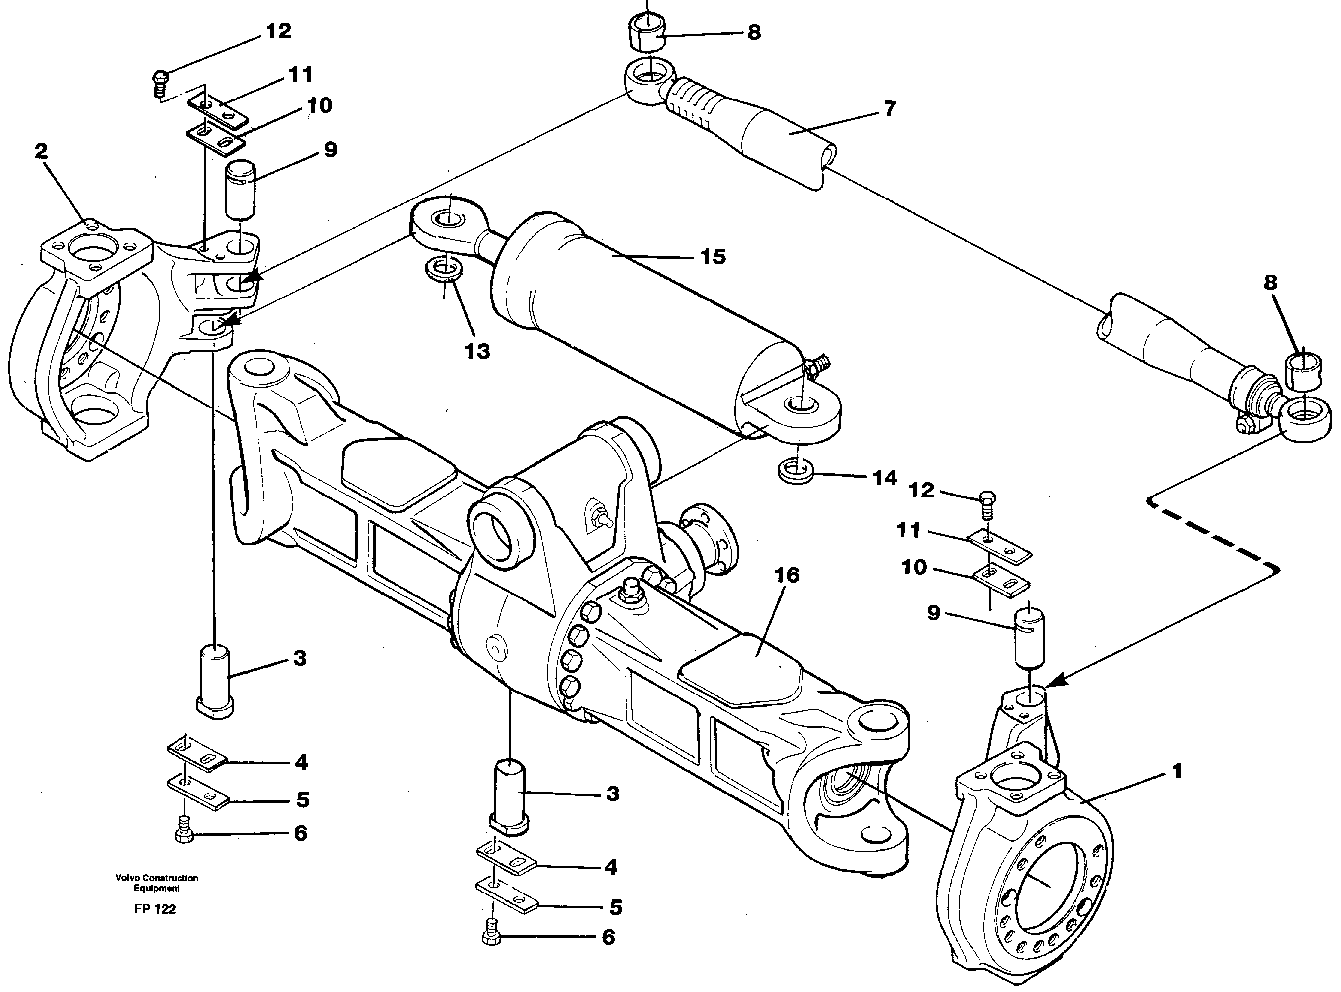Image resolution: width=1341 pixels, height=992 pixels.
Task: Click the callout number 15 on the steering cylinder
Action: tap(713, 257)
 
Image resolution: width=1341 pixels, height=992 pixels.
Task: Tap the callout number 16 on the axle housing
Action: tap(787, 575)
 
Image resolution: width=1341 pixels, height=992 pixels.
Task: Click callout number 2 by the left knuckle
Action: tap(41, 151)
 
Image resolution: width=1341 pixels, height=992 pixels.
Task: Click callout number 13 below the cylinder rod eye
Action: tap(478, 351)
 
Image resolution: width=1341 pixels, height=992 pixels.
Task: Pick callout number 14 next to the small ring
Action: tap(885, 478)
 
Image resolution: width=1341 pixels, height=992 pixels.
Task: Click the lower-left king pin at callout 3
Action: tap(214, 681)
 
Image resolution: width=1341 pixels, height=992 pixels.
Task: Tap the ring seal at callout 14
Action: tap(796, 470)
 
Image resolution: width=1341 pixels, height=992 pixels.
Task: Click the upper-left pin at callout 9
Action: tap(240, 191)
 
